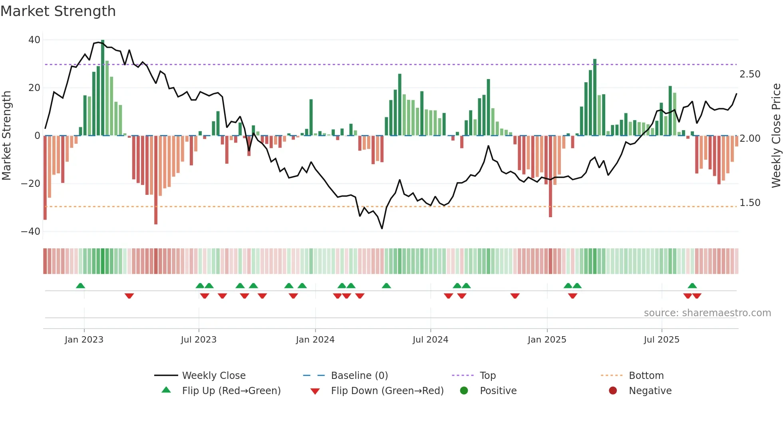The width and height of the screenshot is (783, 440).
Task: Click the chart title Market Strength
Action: [58, 11]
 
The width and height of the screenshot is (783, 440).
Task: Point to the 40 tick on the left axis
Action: [34, 40]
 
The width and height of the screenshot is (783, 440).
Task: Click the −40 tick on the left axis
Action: [31, 232]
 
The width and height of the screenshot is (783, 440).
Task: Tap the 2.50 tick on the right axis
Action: [750, 74]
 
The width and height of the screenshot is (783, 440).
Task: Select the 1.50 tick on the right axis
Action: [750, 203]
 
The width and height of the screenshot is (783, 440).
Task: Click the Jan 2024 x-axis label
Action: [315, 340]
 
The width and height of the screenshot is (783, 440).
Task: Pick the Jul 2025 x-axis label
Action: [662, 340]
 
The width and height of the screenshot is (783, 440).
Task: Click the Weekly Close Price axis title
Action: [776, 136]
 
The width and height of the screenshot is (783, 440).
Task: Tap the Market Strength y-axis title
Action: [6, 136]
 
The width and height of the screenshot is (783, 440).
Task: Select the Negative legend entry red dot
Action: [613, 390]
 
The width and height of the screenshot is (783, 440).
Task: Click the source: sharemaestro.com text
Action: [707, 313]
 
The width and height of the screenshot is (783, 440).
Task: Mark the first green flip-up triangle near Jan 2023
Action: [80, 285]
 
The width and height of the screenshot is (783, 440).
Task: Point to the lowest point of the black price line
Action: [382, 228]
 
